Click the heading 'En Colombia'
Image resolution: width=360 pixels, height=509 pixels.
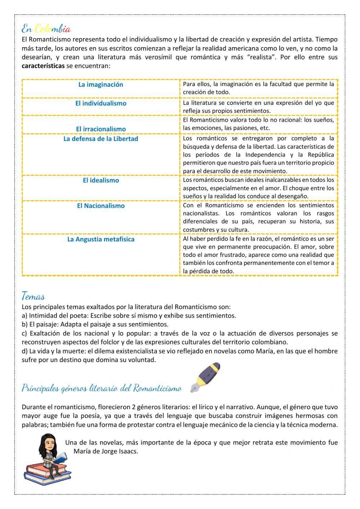(46, 28)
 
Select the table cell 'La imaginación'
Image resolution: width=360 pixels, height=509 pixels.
(101, 85)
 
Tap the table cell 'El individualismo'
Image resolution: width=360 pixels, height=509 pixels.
(101, 103)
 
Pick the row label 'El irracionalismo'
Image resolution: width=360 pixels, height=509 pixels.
(101, 129)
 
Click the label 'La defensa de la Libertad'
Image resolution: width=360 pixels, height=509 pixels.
(101, 139)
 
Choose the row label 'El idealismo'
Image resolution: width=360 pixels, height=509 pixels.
(101, 180)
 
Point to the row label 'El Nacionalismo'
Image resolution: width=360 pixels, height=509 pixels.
(101, 206)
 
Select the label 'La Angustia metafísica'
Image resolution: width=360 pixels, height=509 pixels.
(101, 239)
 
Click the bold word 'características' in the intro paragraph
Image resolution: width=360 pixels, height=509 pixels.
(43, 66)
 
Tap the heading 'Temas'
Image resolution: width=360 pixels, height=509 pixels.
(33, 297)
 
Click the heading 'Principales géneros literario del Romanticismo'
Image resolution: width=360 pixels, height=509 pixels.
(102, 388)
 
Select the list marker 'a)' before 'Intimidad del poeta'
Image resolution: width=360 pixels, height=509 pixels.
(24, 316)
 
